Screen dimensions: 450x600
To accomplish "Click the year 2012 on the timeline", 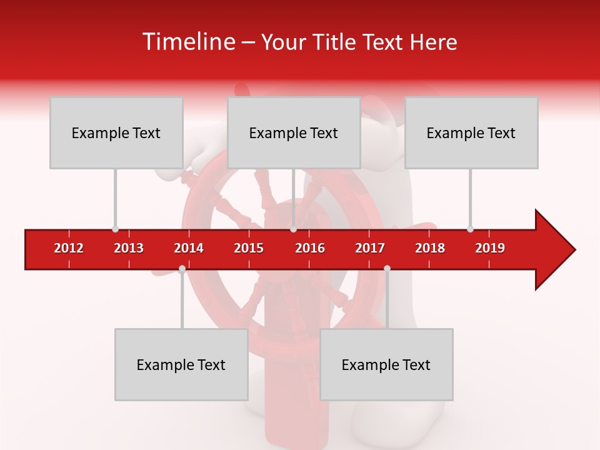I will (x=69, y=248).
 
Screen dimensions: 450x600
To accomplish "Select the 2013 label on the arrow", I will (x=129, y=248).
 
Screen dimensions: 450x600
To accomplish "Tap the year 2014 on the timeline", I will (x=189, y=248).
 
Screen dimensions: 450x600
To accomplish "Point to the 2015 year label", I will (x=249, y=248).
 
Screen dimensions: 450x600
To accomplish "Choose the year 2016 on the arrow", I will (x=310, y=248).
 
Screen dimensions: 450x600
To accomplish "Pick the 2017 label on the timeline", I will (x=370, y=248).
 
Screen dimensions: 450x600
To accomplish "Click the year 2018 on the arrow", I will (x=430, y=248).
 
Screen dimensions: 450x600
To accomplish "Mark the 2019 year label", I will (x=490, y=248).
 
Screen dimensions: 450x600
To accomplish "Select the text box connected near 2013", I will (x=116, y=132).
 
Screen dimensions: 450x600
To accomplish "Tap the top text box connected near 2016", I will (x=294, y=132).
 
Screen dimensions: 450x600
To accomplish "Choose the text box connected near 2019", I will (x=471, y=132).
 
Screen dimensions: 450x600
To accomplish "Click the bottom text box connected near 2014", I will (x=181, y=364).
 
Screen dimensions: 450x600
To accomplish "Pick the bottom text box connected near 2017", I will (x=386, y=364).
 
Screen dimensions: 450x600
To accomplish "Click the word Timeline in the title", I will (x=187, y=42).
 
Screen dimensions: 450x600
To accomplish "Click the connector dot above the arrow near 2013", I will (x=115, y=229).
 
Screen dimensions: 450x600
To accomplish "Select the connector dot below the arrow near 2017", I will (x=387, y=269).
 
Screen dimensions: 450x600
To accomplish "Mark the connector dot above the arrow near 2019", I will (x=470, y=229).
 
